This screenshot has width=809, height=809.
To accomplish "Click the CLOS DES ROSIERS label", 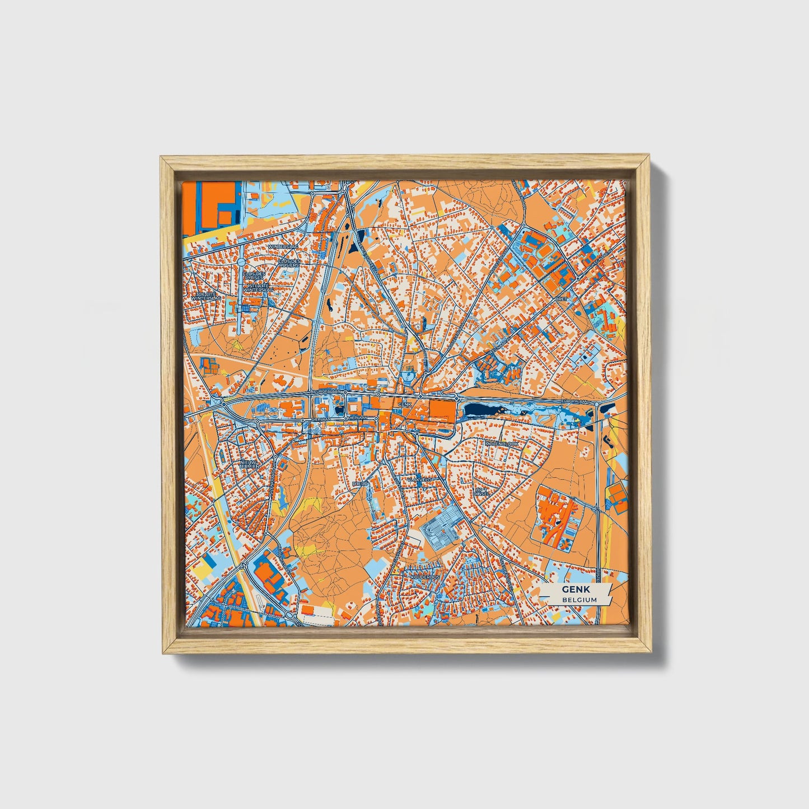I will tap(290, 263).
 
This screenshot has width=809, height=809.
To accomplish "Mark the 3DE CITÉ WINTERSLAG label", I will tap(206, 296).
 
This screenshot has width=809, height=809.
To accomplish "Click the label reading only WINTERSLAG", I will tap(283, 246).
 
